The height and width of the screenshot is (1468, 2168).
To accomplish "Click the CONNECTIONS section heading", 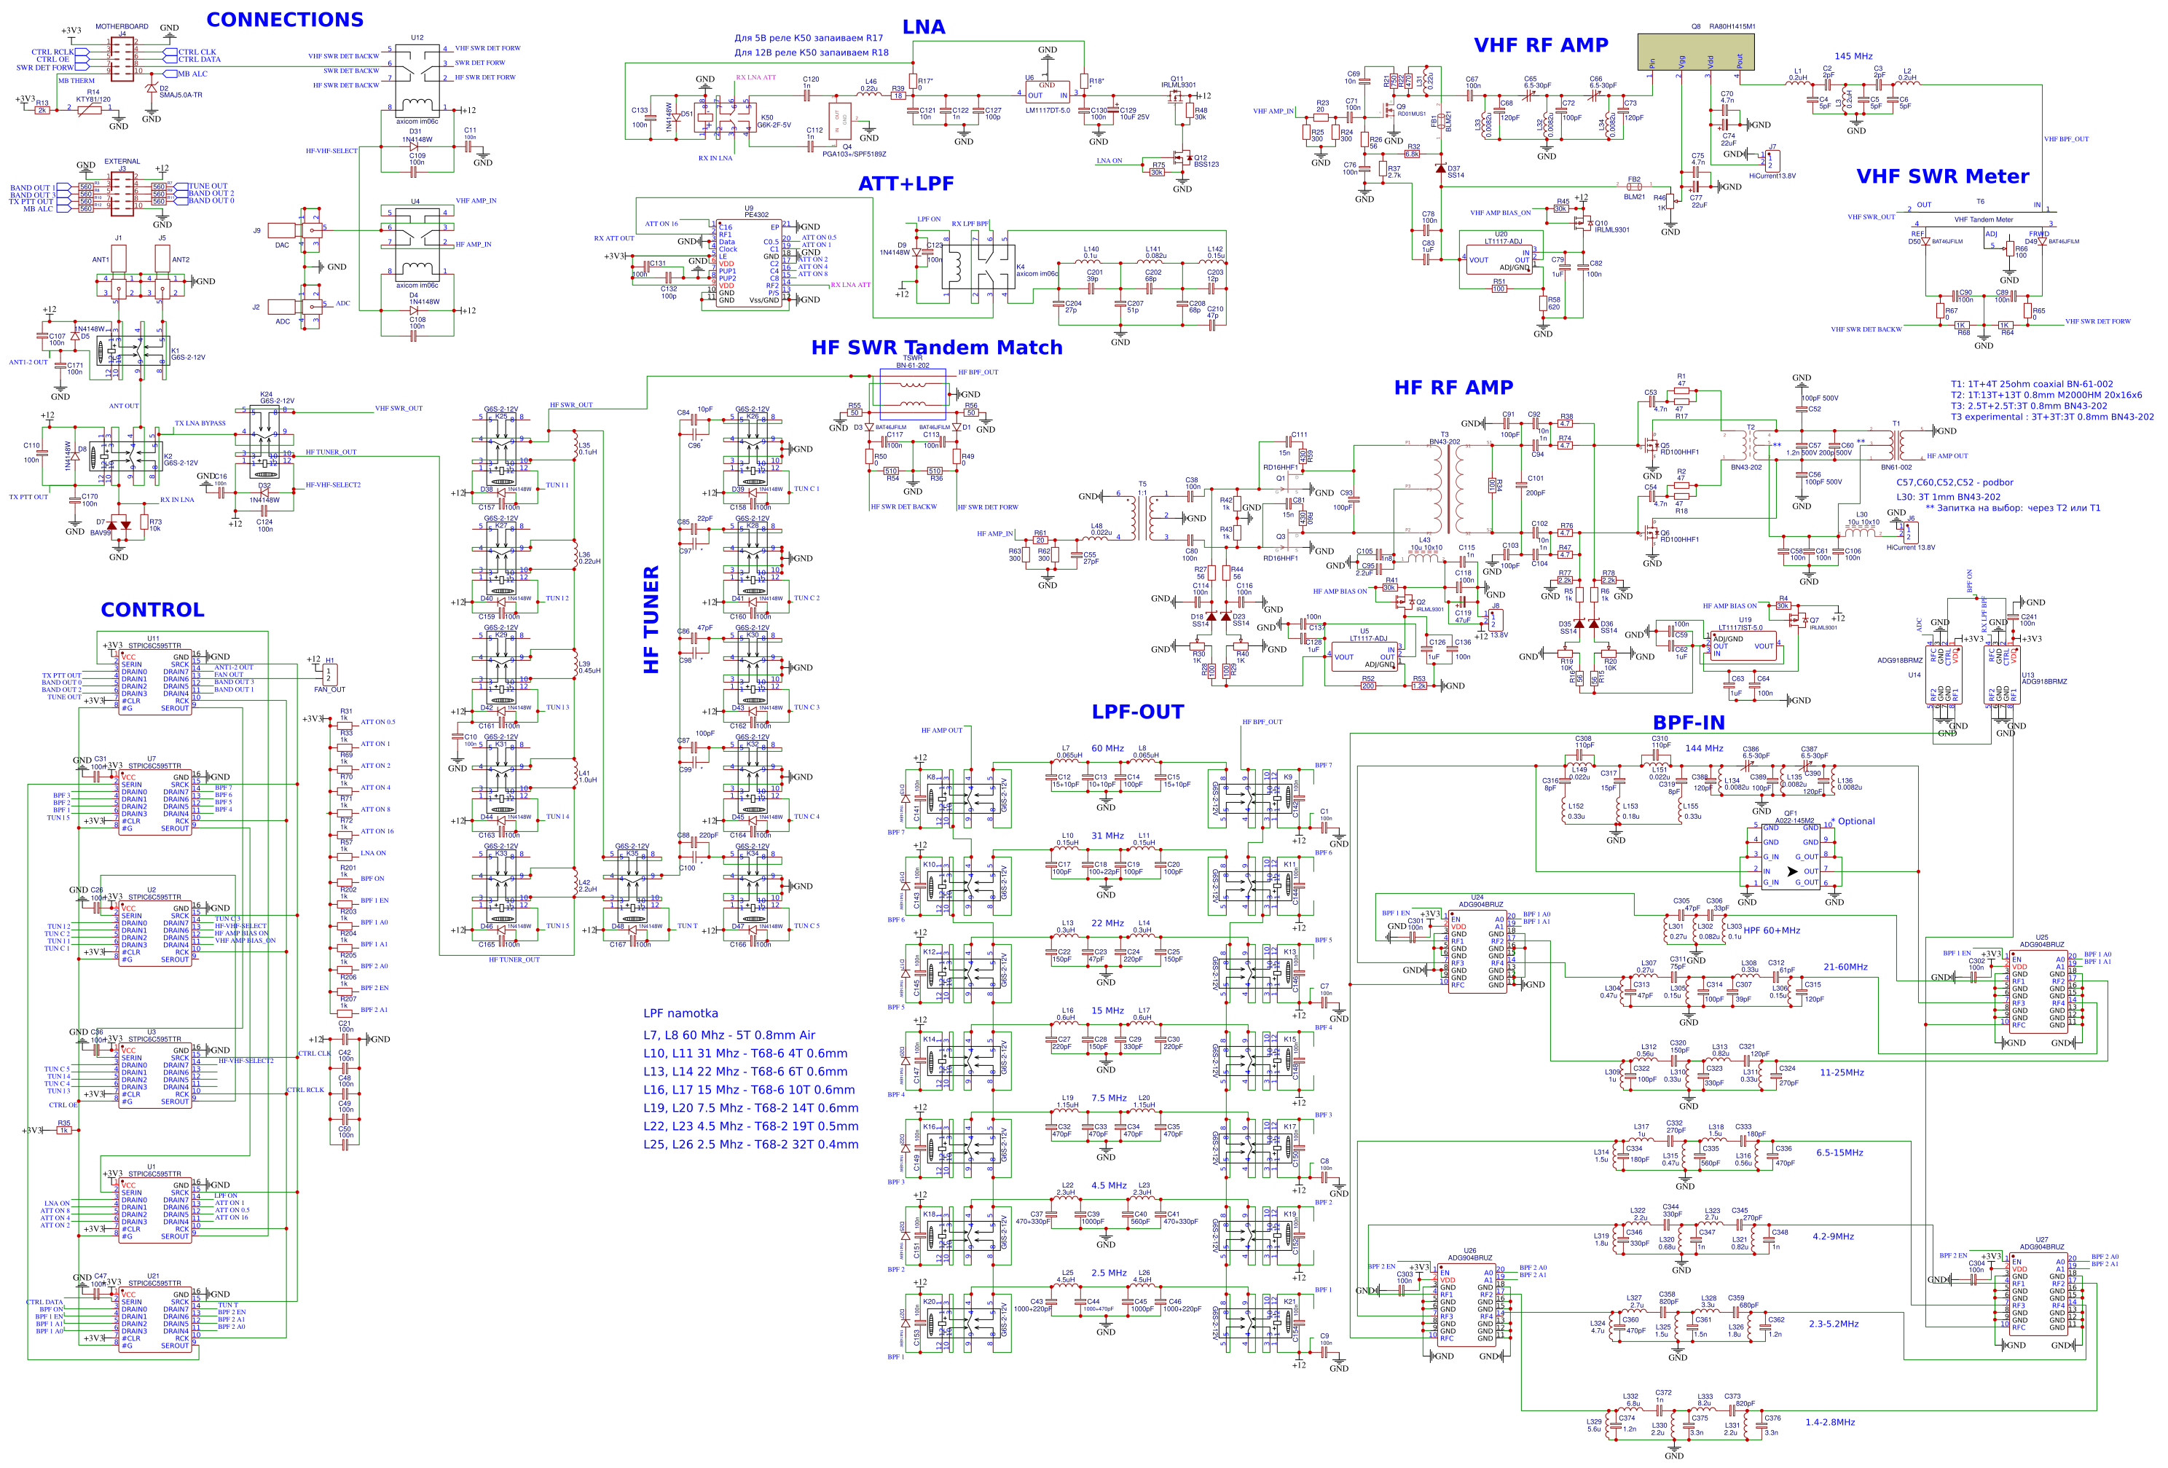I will [285, 20].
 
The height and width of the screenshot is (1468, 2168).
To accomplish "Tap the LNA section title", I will [924, 27].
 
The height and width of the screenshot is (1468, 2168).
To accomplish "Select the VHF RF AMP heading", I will [1540, 44].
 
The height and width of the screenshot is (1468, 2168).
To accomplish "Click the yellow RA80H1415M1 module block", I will [1695, 51].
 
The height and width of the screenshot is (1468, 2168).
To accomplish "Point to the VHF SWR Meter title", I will [1942, 176].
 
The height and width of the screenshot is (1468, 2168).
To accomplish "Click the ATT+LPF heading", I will [906, 184].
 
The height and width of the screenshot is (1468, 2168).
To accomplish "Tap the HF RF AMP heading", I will [1453, 387].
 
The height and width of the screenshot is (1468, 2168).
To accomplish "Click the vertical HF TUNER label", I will [651, 619].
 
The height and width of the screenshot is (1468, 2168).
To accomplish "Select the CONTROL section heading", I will [152, 610].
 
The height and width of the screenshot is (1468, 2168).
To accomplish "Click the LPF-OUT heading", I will [1137, 712].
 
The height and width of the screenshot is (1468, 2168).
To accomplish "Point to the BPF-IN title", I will [1689, 723].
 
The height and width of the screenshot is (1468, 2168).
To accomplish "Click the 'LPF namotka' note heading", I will [680, 1013].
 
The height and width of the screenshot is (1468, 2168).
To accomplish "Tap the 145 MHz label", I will [1853, 56].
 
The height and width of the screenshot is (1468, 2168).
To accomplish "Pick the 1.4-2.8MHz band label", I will [1829, 1422].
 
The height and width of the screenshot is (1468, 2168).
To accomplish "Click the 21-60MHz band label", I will [1845, 967].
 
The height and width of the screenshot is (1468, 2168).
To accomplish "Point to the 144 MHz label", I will [1703, 748].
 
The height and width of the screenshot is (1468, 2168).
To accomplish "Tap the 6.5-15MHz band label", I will [1839, 1153].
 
